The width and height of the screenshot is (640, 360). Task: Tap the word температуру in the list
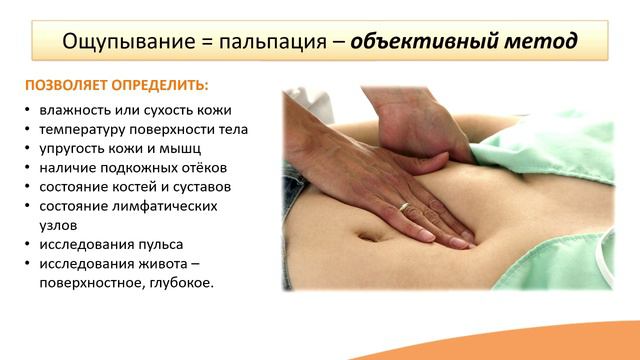pyautogui.click(x=88, y=130)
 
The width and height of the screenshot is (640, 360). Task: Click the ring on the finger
pyautogui.click(x=404, y=208)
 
